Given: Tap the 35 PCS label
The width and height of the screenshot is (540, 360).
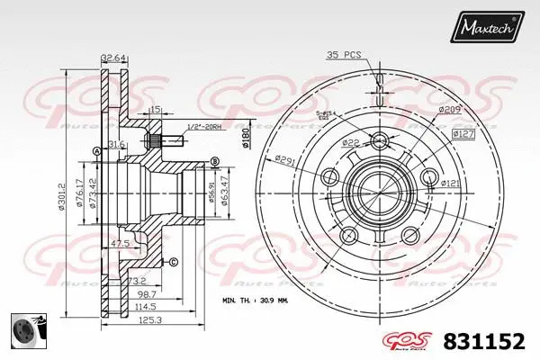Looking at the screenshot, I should (344, 56).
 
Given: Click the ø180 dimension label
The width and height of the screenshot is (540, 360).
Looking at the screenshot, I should (244, 135).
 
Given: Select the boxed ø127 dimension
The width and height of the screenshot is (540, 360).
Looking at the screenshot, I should (463, 134).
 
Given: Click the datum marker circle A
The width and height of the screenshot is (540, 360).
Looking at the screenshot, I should (96, 151).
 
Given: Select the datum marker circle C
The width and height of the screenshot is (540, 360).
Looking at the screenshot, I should (173, 262).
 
